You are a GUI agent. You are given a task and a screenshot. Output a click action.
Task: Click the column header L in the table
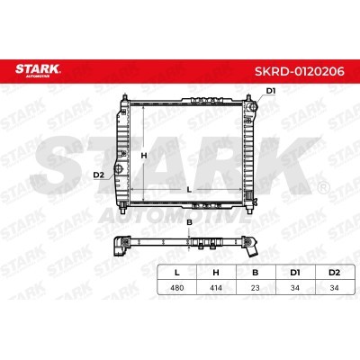click(x=177, y=270)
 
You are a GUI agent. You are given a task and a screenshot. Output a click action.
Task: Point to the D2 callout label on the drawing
click(x=98, y=175)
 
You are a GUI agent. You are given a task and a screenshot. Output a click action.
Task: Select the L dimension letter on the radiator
click(x=187, y=190)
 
